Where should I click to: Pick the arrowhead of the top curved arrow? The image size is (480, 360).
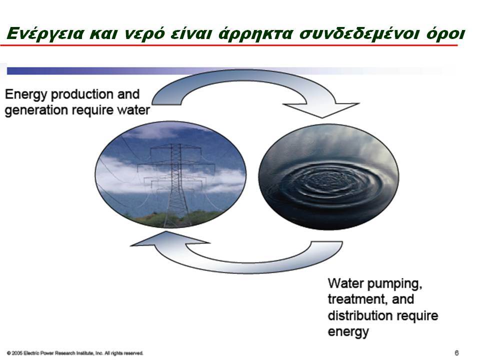click(x=321, y=109)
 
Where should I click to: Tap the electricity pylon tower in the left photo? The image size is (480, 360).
click(x=175, y=183)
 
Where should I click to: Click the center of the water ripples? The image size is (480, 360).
click(x=325, y=181)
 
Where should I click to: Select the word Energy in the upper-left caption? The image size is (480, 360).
click(x=26, y=94)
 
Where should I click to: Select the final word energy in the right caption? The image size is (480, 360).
click(x=348, y=332)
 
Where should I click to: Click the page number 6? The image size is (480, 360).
click(x=456, y=353)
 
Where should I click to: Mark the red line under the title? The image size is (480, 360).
click(x=228, y=45)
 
